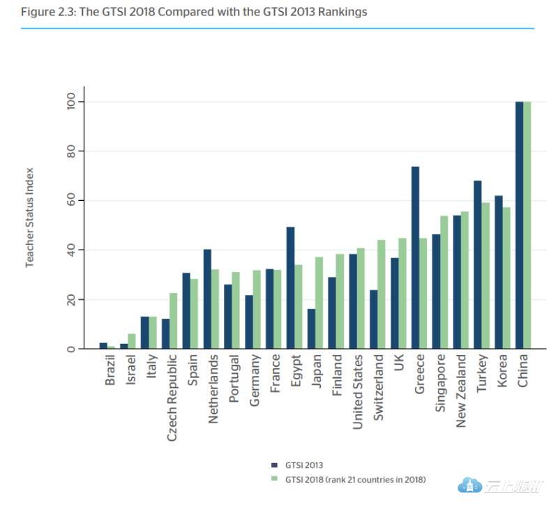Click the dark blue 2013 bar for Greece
tap(415, 257)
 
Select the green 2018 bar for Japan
tap(319, 303)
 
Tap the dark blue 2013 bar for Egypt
tap(290, 287)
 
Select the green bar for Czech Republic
tap(173, 321)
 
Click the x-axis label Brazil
tap(111, 370)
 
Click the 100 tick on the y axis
tap(71, 102)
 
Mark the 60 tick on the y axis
tap(71, 201)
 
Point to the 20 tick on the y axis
tap(71, 300)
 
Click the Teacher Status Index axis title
tap(30, 217)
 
